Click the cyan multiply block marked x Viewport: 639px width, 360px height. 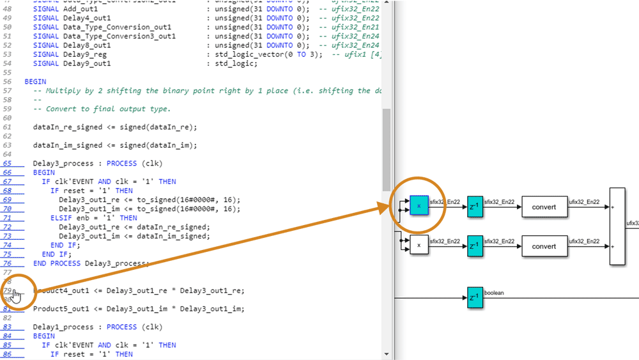click(419, 207)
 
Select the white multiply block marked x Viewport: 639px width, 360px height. click(419, 246)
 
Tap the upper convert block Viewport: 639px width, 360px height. click(544, 207)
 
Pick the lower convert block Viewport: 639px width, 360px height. click(544, 246)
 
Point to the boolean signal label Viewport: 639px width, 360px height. click(495, 293)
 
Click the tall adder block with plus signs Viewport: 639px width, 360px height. click(617, 226)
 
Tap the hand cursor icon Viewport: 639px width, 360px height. click(17, 296)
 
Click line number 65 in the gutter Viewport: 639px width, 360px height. click(8, 164)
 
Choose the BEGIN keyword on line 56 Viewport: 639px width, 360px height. click(35, 82)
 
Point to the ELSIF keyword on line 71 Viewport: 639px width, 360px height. click(63, 218)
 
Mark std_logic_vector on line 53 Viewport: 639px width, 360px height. click(245, 55)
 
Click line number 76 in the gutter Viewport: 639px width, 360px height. click(8, 263)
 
